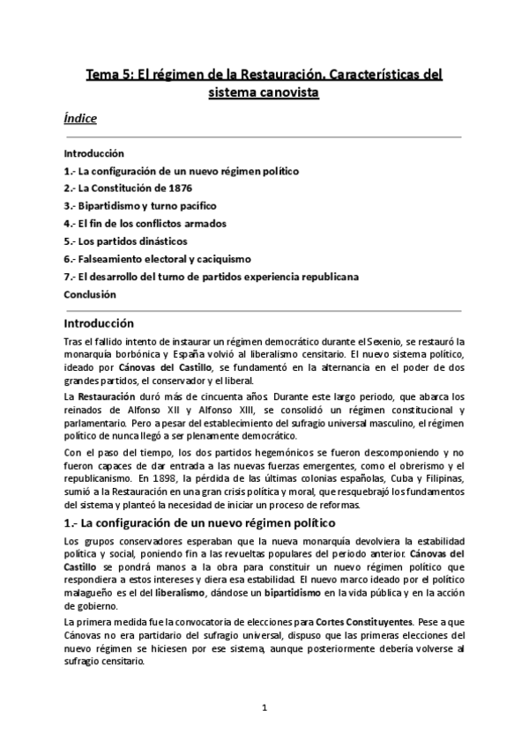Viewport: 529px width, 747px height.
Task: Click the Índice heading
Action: [x=80, y=117]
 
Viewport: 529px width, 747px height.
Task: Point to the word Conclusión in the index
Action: [x=91, y=294]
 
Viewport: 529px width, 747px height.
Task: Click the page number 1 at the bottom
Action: [x=264, y=706]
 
